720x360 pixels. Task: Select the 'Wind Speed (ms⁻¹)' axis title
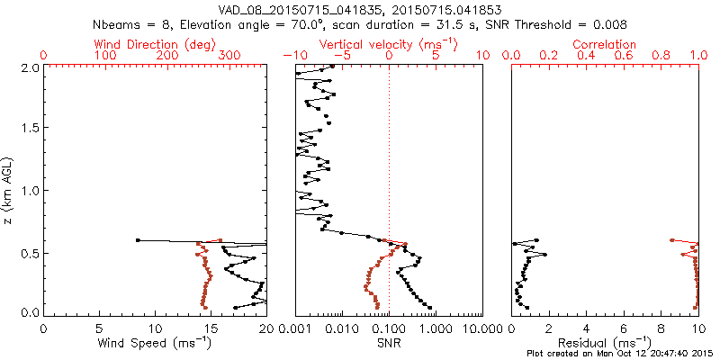click(x=154, y=343)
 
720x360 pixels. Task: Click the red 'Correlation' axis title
click(x=605, y=44)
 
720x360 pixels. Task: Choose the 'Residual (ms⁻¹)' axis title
click(x=605, y=343)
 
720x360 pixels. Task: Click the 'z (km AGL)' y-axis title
click(x=9, y=190)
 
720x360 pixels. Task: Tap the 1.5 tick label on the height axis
click(x=31, y=129)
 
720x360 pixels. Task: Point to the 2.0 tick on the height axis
click(x=31, y=67)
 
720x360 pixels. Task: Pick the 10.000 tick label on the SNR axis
click(x=481, y=328)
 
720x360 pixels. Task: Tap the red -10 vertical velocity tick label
click(x=293, y=56)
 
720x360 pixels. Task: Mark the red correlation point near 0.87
click(x=672, y=240)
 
